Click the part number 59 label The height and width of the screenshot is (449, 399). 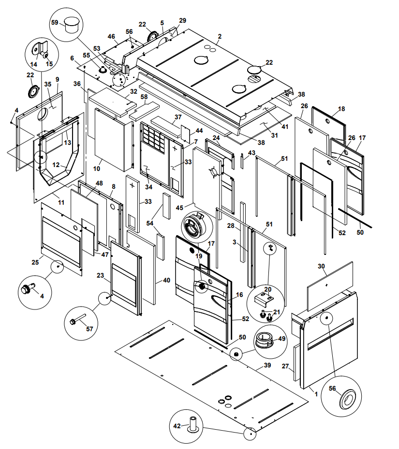tap(55, 22)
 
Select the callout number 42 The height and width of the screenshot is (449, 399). tap(177, 426)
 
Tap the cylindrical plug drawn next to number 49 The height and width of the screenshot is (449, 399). tap(264, 339)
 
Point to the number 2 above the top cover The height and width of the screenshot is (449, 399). tap(220, 36)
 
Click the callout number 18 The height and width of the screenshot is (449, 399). tap(341, 109)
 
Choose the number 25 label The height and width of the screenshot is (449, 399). tap(35, 262)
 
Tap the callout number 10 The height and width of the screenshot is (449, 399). tap(97, 168)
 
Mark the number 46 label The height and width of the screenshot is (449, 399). tap(111, 36)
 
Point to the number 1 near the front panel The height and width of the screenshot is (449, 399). tap(316, 394)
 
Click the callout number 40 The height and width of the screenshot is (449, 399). tap(166, 280)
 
